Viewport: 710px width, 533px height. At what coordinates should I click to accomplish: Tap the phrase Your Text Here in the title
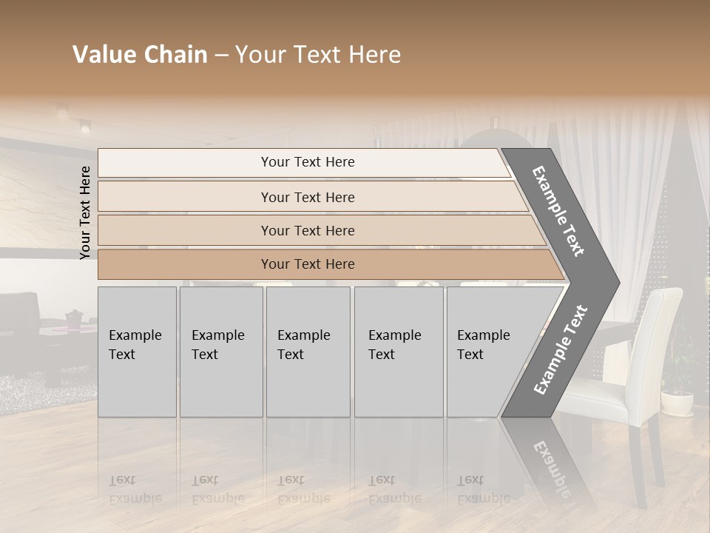pos(318,55)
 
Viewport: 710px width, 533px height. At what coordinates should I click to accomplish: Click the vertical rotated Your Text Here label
pos(85,212)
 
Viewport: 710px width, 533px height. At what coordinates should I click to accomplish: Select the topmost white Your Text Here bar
pos(308,162)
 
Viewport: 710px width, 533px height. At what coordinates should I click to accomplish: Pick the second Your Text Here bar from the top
pos(308,197)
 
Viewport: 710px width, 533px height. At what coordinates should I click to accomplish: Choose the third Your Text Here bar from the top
pos(308,230)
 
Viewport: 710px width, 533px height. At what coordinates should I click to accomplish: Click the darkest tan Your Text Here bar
pos(308,264)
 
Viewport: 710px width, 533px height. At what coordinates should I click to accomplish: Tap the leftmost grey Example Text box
pos(137,351)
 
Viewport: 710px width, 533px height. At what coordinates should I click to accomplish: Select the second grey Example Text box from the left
pos(220,351)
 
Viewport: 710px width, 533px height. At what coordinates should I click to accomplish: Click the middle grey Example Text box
pos(308,351)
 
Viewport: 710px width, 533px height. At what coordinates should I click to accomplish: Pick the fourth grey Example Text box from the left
pos(398,351)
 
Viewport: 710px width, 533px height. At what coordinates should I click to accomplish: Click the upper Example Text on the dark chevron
pos(558,211)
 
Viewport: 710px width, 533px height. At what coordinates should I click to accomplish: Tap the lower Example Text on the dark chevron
pos(560,349)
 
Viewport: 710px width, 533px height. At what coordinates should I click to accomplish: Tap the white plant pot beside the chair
pos(677,403)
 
